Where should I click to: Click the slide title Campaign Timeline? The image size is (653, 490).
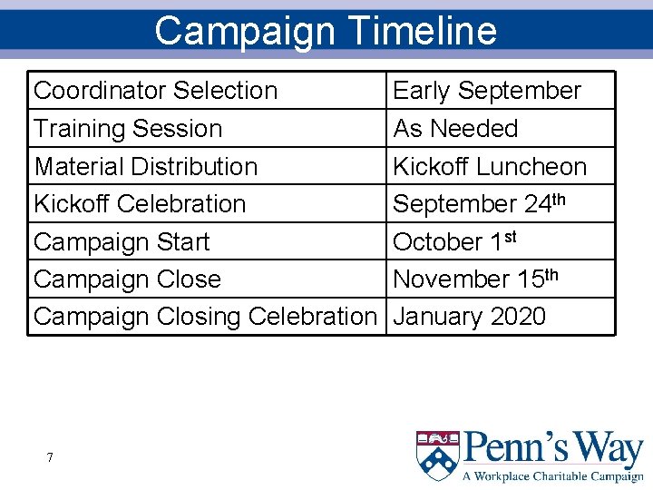pyautogui.click(x=326, y=30)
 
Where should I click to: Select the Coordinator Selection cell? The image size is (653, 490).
pyautogui.click(x=155, y=91)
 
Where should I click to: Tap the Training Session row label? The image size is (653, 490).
pyautogui.click(x=128, y=129)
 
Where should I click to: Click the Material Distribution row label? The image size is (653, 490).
pyautogui.click(x=145, y=167)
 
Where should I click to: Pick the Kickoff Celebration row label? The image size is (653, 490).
pyautogui.click(x=140, y=204)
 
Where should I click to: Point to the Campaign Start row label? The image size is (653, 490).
pyautogui.click(x=122, y=242)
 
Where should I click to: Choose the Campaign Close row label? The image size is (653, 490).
pyautogui.click(x=127, y=279)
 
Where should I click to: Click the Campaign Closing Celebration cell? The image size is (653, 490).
pyautogui.click(x=204, y=317)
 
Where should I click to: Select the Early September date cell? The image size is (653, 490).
pyautogui.click(x=487, y=91)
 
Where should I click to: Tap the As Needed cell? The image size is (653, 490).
pyautogui.click(x=455, y=129)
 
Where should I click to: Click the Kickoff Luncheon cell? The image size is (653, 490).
pyautogui.click(x=490, y=167)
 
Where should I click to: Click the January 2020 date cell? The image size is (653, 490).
pyautogui.click(x=470, y=317)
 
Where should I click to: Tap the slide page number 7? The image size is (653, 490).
pyautogui.click(x=50, y=457)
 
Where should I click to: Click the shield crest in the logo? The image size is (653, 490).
pyautogui.click(x=437, y=456)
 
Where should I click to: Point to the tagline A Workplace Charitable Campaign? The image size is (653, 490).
pyautogui.click(x=553, y=476)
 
